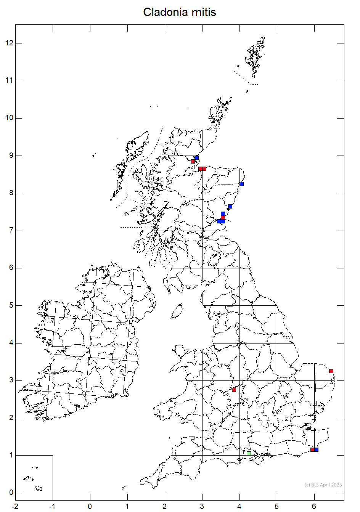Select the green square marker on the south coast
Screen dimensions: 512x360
(x=249, y=453)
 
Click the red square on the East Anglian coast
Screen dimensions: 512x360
(x=331, y=371)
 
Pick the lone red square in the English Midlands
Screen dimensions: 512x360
(x=234, y=390)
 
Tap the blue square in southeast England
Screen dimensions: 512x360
(x=316, y=449)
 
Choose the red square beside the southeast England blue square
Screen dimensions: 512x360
(x=312, y=449)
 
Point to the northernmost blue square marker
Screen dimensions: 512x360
(x=196, y=157)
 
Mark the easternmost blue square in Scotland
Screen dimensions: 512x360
(x=241, y=184)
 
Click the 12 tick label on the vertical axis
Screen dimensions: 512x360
(x=9, y=43)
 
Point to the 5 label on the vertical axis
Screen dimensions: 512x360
(x=11, y=305)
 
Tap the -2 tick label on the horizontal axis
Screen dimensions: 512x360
(x=15, y=506)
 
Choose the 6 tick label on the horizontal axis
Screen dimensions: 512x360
(x=314, y=506)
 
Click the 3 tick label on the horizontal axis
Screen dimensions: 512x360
(x=202, y=506)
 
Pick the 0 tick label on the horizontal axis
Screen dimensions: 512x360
(x=90, y=506)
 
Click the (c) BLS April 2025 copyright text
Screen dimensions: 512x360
(x=323, y=485)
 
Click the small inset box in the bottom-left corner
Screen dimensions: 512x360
(x=34, y=477)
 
